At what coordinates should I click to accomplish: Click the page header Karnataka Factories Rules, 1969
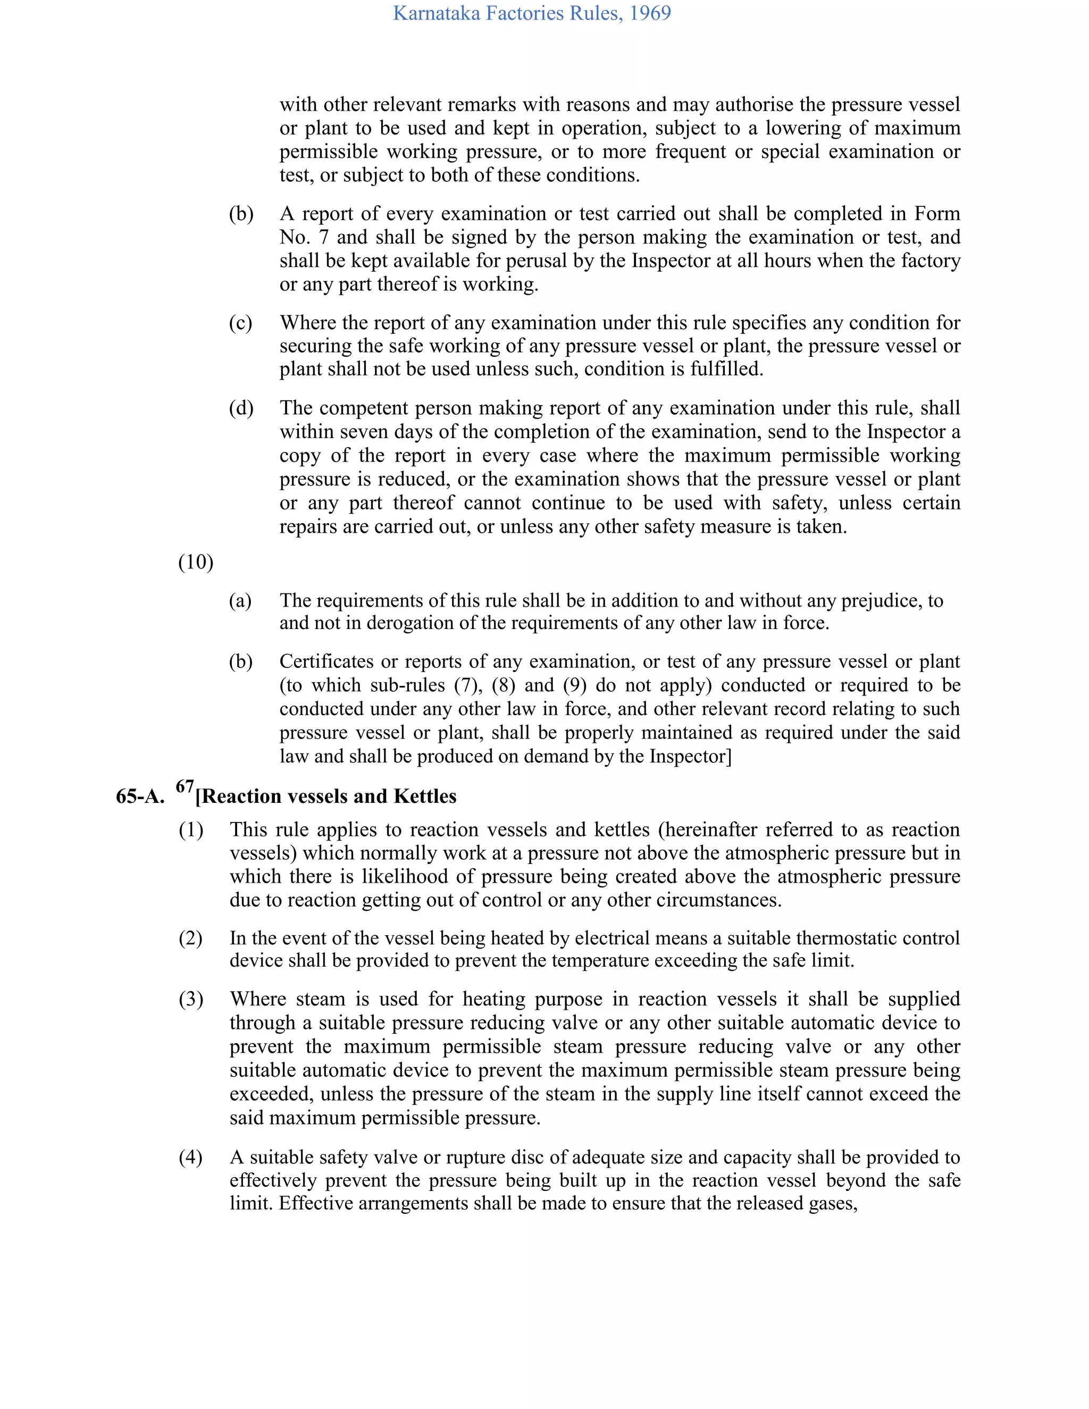[x=532, y=13]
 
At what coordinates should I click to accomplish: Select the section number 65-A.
[x=140, y=797]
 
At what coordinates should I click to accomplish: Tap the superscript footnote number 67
[x=185, y=786]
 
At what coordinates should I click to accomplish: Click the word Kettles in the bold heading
[x=424, y=797]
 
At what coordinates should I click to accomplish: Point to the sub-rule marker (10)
[x=196, y=563]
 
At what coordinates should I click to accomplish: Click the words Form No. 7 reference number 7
[x=323, y=238]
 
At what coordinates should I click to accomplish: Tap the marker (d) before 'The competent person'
[x=241, y=408]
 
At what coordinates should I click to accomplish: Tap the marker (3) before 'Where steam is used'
[x=191, y=1000]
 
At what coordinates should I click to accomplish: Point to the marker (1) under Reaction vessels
[x=191, y=831]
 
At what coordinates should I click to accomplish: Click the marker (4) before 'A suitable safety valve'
[x=191, y=1158]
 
